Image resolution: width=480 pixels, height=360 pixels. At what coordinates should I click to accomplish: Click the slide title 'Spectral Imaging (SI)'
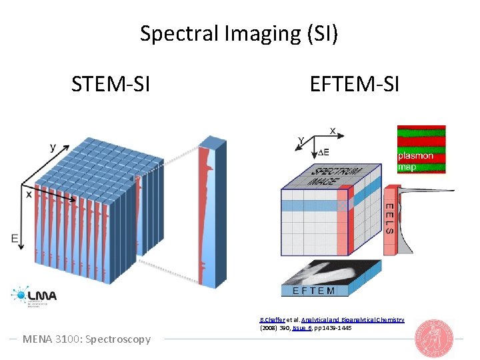239,33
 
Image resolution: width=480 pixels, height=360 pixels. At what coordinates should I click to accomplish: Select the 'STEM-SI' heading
111,85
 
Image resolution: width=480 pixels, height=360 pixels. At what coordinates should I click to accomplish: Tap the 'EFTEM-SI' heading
354,85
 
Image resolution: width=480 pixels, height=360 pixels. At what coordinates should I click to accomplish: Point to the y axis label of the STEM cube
52,147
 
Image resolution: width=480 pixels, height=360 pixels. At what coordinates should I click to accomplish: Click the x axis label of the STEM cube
29,194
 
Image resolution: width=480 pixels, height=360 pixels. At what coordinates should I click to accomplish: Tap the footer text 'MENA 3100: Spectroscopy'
87,339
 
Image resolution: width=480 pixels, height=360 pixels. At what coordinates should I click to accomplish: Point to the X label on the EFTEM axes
332,129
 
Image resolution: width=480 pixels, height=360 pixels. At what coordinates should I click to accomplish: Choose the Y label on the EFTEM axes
301,141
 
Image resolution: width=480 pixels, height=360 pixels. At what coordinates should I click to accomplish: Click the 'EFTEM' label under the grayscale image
314,290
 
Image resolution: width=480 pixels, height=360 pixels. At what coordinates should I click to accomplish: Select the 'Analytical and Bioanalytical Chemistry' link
353,321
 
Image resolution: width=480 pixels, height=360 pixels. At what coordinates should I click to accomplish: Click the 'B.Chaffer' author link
271,321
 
